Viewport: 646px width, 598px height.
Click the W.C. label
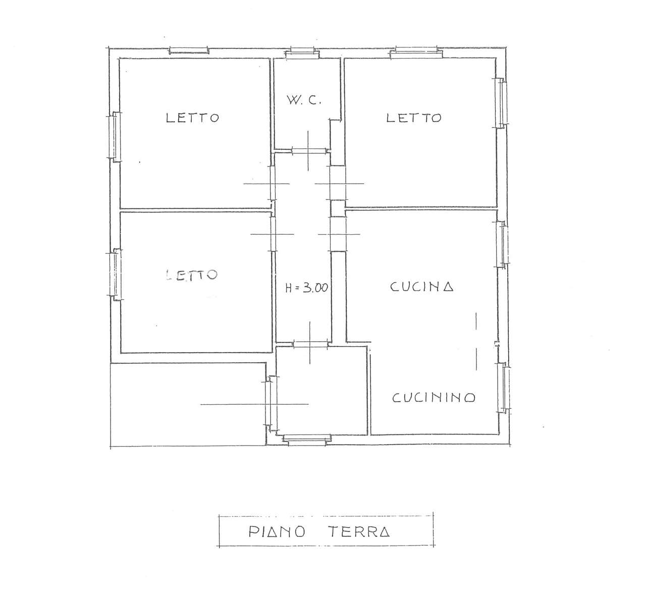tap(304, 100)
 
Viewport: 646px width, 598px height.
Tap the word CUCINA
tap(421, 287)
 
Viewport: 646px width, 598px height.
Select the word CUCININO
tap(434, 398)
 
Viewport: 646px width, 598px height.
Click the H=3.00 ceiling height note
tap(306, 288)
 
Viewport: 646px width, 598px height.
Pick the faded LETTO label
tap(192, 275)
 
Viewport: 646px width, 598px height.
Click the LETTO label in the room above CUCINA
tap(414, 118)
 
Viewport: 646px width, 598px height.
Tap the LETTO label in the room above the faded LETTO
tap(193, 118)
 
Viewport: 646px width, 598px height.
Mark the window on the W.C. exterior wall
tap(302, 53)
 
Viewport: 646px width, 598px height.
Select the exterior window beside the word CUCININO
tap(504, 388)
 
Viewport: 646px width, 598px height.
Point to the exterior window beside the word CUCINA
tap(503, 244)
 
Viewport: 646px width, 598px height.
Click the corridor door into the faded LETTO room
tap(273, 234)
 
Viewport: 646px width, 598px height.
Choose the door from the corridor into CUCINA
tap(338, 234)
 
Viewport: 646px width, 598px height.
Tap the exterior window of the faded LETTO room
tap(115, 275)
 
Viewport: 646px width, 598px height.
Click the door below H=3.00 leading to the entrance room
tap(311, 344)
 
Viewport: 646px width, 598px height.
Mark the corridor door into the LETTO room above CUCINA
tap(338, 183)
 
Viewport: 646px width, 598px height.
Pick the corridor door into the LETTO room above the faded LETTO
tap(273, 183)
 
